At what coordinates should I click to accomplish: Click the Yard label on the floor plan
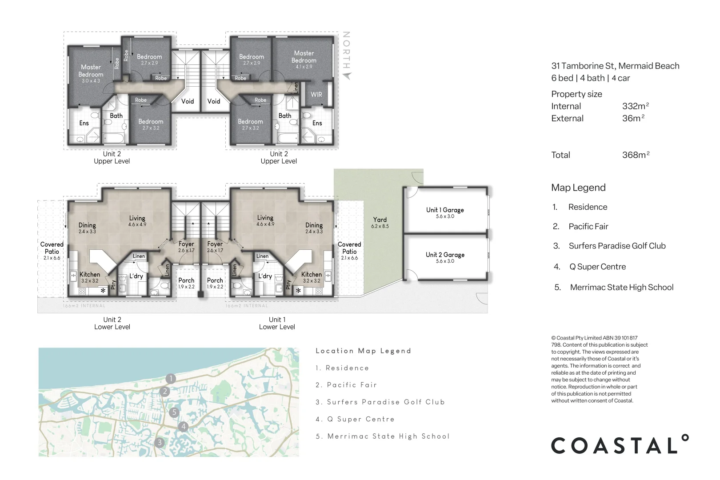[x=380, y=222]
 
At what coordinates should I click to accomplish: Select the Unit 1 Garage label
[x=445, y=212]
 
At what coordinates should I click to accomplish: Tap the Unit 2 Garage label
[x=445, y=257]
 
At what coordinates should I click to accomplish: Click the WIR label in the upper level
[x=316, y=95]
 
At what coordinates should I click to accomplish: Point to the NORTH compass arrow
[x=347, y=75]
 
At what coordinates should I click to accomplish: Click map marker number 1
[x=171, y=379]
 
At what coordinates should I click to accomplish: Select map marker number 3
[x=160, y=442]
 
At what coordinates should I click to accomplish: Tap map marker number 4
[x=184, y=427]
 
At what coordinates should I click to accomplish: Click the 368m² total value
[x=636, y=155]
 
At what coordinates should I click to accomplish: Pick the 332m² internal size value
[x=636, y=106]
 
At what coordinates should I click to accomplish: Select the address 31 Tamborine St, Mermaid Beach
[x=615, y=66]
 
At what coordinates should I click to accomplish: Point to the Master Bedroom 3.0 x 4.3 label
[x=91, y=73]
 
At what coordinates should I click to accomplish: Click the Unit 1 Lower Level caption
[x=277, y=323]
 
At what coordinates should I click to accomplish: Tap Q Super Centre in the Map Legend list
[x=597, y=267]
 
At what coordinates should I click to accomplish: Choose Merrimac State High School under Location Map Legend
[x=383, y=436]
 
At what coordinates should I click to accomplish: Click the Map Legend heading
[x=578, y=188]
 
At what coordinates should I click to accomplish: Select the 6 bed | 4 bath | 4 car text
[x=591, y=78]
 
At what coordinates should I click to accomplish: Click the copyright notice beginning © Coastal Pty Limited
[x=599, y=369]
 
